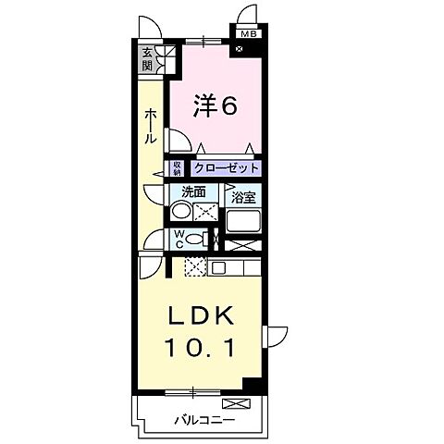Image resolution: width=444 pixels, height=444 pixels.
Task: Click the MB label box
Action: [247, 35]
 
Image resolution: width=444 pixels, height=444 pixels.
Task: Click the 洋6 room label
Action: [216, 105]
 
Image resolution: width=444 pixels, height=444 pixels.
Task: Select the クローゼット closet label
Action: [226, 168]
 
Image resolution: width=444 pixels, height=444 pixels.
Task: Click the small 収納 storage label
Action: [176, 168]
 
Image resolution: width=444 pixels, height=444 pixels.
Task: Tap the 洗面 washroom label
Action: [193, 193]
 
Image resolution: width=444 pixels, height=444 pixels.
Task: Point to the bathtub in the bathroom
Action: [244, 221]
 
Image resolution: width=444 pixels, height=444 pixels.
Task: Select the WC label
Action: [179, 239]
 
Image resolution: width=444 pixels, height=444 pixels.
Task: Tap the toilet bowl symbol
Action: [193, 239]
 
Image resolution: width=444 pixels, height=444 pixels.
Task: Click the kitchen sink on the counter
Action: [218, 268]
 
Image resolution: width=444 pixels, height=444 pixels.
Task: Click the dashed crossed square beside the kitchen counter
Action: [194, 267]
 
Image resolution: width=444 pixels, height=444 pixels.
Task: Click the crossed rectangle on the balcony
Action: [236, 403]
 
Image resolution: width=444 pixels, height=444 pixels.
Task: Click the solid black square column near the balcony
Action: [251, 383]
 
